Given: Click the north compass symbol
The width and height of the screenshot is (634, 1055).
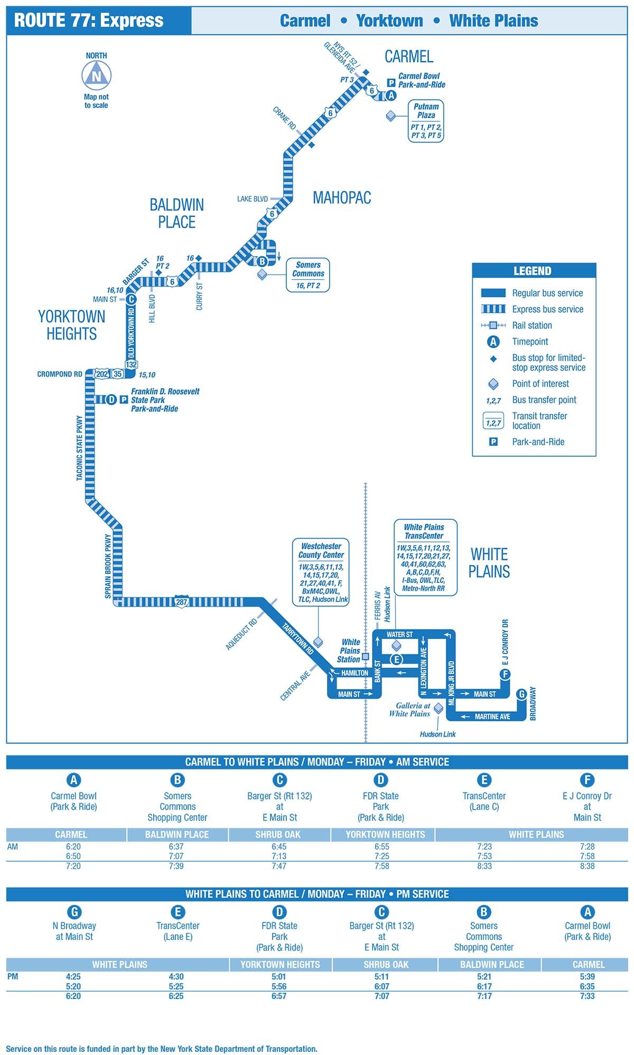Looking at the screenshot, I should pos(96,75).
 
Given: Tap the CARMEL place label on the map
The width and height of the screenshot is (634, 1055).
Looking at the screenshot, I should pos(408,56).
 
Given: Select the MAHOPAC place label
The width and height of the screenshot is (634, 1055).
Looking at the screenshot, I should pos(342,198).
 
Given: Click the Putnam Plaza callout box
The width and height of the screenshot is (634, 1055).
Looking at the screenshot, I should pos(426,121).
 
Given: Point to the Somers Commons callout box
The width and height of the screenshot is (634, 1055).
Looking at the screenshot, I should pos(307,275).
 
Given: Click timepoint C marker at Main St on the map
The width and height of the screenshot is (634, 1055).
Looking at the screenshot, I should pos(131,299).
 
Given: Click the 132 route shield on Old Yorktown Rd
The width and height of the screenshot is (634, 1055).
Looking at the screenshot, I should pos(131,364).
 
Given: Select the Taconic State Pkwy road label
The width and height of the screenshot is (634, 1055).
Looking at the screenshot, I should pos(80,448).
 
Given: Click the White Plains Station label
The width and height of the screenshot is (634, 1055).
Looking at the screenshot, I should pos(350,651).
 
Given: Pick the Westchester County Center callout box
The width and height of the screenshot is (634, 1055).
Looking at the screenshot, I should pos(321,572).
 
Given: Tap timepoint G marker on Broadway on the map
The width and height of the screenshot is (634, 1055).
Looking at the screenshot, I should pos(521,694).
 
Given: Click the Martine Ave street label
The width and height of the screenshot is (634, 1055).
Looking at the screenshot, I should pos(492,717).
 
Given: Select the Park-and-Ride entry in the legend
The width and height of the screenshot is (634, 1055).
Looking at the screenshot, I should pos(538,442).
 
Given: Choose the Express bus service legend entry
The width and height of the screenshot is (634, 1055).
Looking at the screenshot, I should pos(547,309).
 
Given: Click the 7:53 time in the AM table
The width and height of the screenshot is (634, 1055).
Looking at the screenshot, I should pos(484,856).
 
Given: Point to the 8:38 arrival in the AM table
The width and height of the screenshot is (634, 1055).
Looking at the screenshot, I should pos(587,866).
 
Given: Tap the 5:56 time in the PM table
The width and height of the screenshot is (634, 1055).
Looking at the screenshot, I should pos(279,986).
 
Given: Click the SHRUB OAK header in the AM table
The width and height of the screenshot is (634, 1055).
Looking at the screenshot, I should pos(278,834).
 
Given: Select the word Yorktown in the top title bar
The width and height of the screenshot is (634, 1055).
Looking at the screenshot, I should pos(389,21).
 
